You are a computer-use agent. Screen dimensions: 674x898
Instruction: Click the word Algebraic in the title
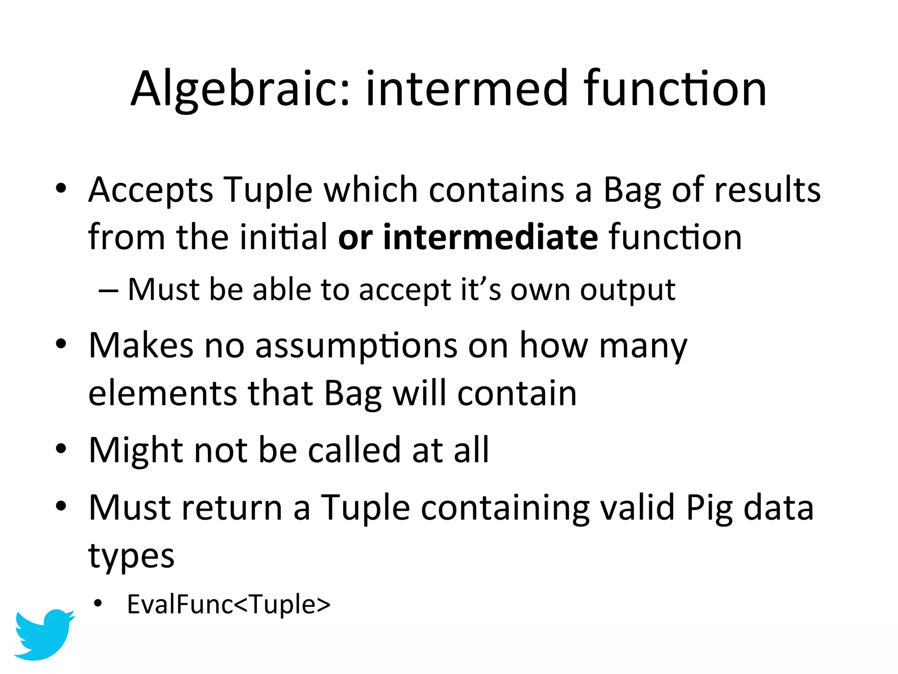point(240,89)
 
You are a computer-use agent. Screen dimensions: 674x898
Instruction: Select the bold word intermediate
point(490,237)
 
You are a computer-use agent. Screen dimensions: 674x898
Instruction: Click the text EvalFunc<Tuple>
point(228,605)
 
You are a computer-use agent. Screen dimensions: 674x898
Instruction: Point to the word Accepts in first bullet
point(150,190)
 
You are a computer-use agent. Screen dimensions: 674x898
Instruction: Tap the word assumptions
point(356,346)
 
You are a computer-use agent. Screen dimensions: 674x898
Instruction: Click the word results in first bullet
point(767,190)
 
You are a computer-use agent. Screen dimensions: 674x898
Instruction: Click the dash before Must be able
point(108,291)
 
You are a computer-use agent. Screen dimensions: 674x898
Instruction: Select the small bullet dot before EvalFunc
point(98,604)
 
